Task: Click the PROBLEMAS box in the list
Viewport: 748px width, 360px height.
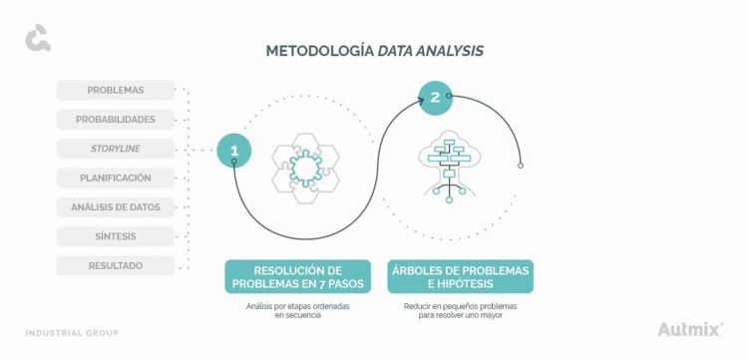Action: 115,90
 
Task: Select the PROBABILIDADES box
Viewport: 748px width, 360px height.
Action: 115,120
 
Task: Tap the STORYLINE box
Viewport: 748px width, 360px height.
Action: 115,149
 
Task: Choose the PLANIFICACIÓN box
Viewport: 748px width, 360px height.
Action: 115,178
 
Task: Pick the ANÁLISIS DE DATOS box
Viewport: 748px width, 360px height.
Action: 115,207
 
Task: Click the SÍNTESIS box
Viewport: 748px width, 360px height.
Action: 115,236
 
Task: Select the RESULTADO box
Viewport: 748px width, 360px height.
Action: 115,266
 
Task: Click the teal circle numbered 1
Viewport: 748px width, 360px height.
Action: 233,151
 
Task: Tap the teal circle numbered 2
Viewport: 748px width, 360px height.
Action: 435,97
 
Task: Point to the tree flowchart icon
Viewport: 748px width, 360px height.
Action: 452,166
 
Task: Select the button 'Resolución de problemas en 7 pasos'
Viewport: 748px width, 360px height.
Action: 298,276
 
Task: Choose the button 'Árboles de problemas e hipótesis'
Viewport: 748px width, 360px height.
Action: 460,276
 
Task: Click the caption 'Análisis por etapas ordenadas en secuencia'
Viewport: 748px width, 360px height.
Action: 297,311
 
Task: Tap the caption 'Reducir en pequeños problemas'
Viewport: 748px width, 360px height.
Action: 459,306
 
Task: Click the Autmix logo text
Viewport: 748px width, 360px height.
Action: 690,328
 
